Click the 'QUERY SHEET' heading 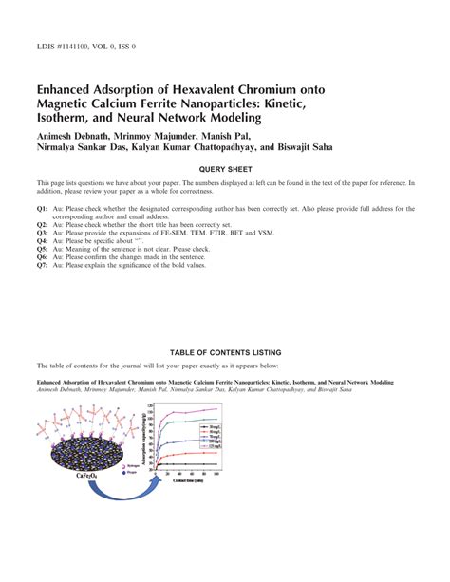pos(224,168)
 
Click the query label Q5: pos(43,249)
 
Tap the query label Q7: pos(43,266)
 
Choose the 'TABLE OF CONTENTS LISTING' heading pos(224,350)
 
